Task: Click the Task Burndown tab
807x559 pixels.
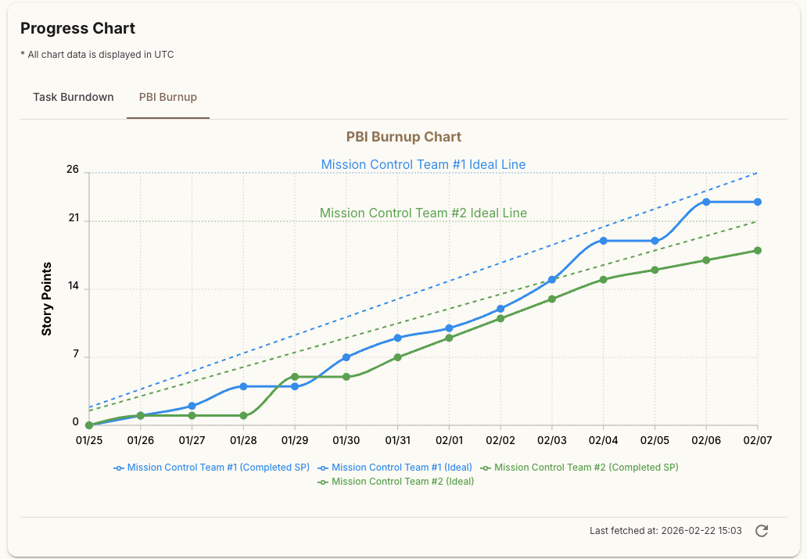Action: (74, 98)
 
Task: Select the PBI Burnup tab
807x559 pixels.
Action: (167, 98)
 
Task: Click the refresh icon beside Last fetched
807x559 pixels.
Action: (762, 531)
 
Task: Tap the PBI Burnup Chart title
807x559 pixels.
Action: (403, 137)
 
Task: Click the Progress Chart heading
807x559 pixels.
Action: (77, 29)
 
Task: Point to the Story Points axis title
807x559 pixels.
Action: (47, 299)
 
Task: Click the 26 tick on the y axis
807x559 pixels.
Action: (73, 170)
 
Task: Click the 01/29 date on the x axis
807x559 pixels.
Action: (295, 441)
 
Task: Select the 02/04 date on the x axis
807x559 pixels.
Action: (603, 441)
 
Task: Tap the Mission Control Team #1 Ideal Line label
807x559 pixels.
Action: (423, 165)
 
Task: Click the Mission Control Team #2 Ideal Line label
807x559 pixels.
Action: (423, 213)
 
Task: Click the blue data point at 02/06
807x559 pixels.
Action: (706, 202)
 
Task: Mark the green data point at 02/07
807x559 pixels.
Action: (757, 250)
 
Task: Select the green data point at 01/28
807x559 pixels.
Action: (243, 415)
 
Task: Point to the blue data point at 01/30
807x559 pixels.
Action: (346, 357)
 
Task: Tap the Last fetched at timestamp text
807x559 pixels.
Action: (665, 531)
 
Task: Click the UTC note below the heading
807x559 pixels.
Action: (97, 55)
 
